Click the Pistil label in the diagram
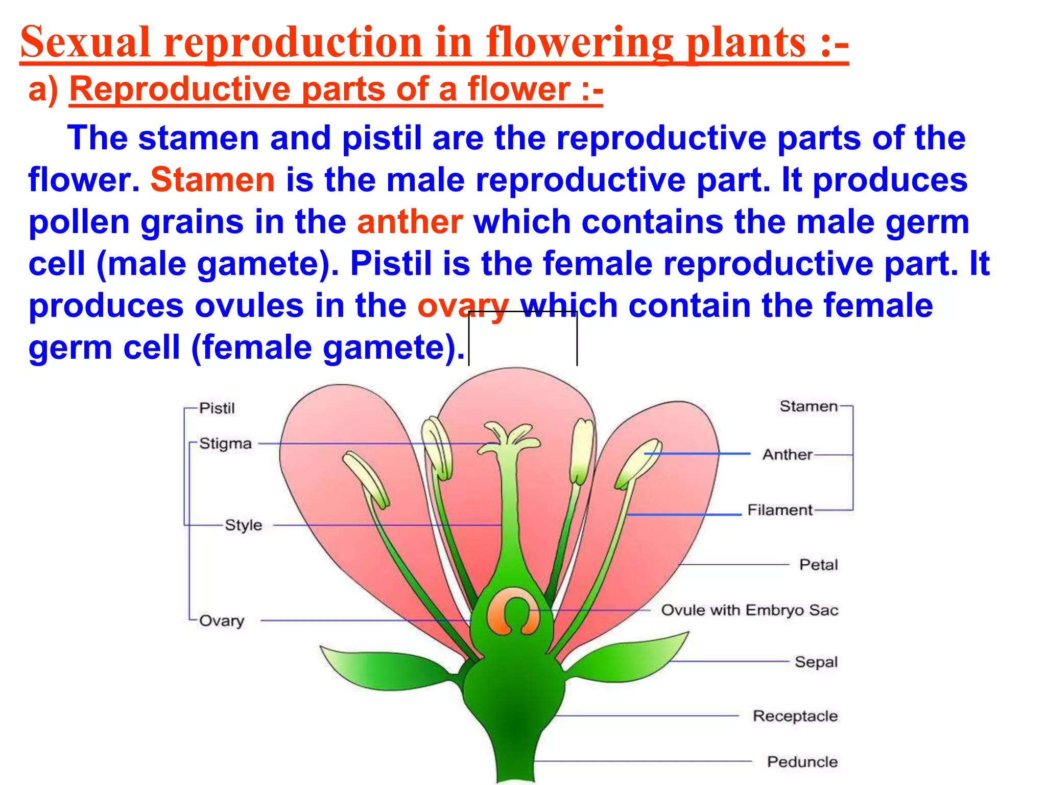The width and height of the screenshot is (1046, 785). pyautogui.click(x=217, y=408)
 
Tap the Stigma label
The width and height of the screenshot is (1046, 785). pyautogui.click(x=225, y=443)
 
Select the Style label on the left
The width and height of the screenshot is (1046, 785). pyautogui.click(x=243, y=525)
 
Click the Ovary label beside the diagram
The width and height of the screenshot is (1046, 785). pyautogui.click(x=221, y=620)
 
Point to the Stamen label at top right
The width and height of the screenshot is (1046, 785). pyautogui.click(x=808, y=406)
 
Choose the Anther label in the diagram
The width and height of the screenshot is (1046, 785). pyautogui.click(x=787, y=454)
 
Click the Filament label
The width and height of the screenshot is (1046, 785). pyautogui.click(x=779, y=510)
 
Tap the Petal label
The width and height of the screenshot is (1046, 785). pyautogui.click(x=818, y=565)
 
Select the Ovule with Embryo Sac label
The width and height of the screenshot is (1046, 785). pyautogui.click(x=749, y=610)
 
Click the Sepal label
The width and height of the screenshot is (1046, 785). pyautogui.click(x=816, y=662)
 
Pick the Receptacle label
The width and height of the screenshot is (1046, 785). pyautogui.click(x=795, y=716)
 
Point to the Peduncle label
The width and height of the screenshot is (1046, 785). pyautogui.click(x=802, y=761)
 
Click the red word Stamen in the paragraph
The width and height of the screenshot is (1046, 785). pyautogui.click(x=212, y=180)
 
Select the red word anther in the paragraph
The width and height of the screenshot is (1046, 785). pyautogui.click(x=410, y=222)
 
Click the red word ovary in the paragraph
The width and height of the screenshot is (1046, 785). pyautogui.click(x=463, y=306)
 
